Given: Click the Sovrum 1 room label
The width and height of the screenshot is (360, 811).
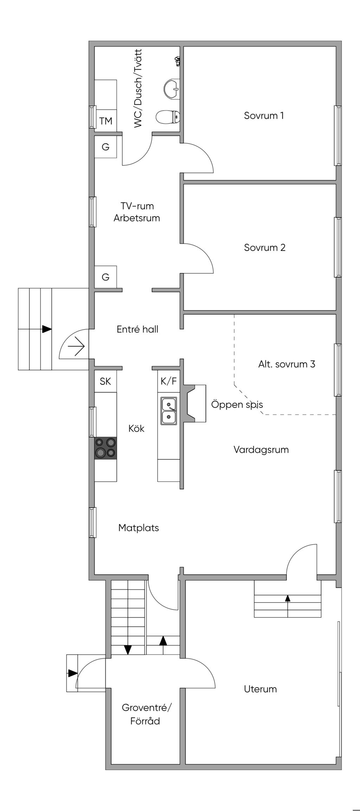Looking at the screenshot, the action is (x=264, y=116).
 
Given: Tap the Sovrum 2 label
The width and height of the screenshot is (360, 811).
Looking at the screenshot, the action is (x=264, y=248).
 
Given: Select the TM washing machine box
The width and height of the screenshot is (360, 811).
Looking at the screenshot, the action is (x=105, y=121).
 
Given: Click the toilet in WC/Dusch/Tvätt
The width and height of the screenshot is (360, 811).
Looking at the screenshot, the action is (x=168, y=117).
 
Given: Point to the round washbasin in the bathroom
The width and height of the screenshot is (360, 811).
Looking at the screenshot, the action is (x=172, y=89).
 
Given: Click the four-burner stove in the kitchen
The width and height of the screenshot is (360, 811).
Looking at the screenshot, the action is (x=105, y=448).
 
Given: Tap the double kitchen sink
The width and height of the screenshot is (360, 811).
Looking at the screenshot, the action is (x=169, y=411).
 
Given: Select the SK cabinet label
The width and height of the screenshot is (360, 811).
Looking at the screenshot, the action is (x=105, y=381).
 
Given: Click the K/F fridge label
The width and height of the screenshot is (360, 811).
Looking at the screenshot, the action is (x=169, y=381).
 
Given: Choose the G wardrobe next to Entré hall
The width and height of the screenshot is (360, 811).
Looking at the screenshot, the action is (x=105, y=277).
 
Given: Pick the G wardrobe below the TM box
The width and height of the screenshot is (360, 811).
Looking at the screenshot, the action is (x=105, y=147).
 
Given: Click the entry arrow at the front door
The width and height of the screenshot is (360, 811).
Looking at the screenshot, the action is (x=76, y=347).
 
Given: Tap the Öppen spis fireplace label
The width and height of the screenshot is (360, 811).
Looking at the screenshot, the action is (x=237, y=404).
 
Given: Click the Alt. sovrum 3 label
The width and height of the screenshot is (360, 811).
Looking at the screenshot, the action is (x=287, y=364).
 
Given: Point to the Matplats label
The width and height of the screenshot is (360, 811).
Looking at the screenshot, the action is (x=139, y=528).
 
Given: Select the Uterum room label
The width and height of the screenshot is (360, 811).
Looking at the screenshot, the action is (x=260, y=689).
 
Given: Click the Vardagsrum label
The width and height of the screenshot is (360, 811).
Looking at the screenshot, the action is (x=261, y=449).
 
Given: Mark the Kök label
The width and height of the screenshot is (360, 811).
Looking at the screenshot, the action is (x=136, y=428).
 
